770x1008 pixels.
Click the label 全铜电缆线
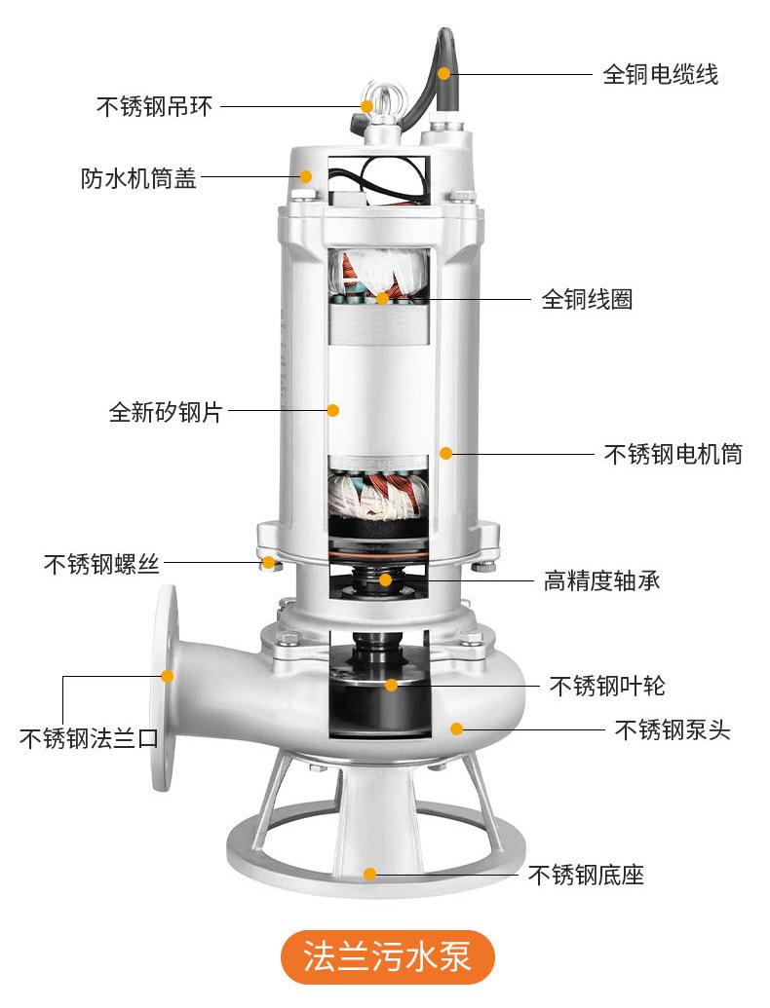(660, 75)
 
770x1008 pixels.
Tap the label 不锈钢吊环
(153, 106)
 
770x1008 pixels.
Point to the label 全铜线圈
(587, 299)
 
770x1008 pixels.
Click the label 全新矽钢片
(165, 412)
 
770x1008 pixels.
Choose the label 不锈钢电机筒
(673, 454)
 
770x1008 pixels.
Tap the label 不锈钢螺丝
(101, 563)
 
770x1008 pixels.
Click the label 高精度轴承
(601, 581)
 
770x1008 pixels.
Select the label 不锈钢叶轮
(606, 686)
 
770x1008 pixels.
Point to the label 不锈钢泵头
(672, 729)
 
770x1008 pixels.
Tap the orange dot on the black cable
(444, 72)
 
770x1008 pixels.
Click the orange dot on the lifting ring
(367, 105)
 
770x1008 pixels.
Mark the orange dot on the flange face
(167, 675)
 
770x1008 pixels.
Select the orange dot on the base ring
(370, 874)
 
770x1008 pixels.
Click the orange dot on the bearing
(386, 580)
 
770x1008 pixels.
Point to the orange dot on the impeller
(391, 685)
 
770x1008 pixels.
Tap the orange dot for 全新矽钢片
(332, 410)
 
